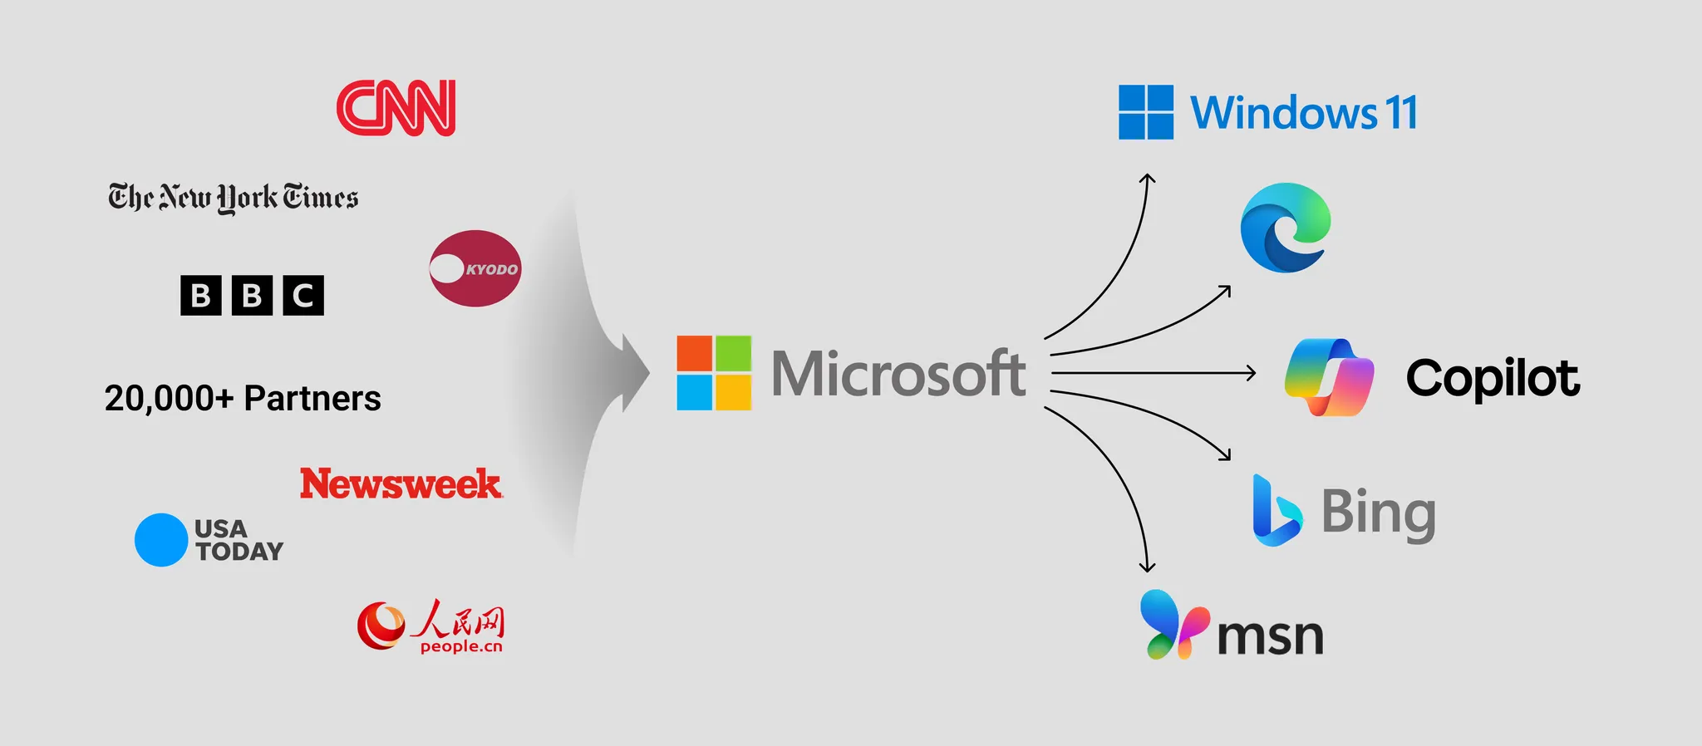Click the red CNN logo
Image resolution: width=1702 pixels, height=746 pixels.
click(396, 108)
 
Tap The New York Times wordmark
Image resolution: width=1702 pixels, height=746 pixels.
click(233, 198)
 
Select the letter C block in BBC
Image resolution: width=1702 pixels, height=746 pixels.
click(303, 295)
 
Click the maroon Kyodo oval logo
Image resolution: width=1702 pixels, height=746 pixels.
click(475, 268)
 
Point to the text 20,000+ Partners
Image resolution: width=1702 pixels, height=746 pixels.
click(243, 399)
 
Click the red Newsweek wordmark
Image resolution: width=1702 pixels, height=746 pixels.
click(401, 483)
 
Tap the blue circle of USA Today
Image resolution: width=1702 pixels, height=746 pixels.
click(161, 540)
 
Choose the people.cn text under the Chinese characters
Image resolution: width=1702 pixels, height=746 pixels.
click(461, 646)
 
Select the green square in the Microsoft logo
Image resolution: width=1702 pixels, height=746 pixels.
click(733, 353)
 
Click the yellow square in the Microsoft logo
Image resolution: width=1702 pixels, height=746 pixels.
click(733, 392)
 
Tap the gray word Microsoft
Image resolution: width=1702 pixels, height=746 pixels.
click(898, 373)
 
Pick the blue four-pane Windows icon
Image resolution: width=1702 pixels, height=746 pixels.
click(1146, 112)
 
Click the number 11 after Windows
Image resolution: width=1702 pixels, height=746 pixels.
click(1401, 113)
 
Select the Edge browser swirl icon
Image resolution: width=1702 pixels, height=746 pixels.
click(1285, 228)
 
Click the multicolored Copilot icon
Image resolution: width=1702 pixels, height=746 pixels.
click(1329, 377)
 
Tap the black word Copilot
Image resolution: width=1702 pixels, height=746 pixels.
click(1493, 378)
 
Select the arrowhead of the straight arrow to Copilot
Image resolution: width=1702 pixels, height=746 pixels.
click(1252, 373)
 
